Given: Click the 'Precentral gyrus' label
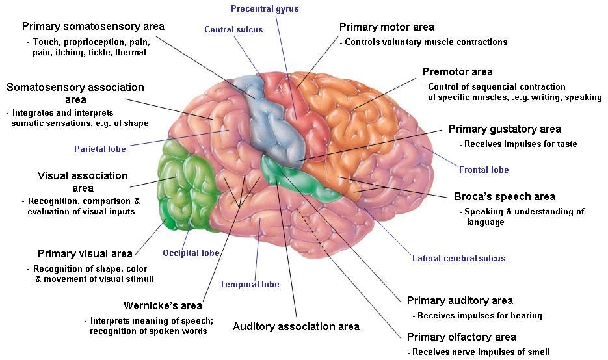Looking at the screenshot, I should pyautogui.click(x=265, y=9).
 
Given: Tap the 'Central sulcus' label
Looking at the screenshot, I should pyautogui.click(x=233, y=29).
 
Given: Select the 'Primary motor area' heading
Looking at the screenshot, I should pyautogui.click(x=386, y=27).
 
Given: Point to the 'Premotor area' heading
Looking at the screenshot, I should pyautogui.click(x=457, y=71).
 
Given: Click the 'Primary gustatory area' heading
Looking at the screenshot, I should pyautogui.click(x=504, y=129).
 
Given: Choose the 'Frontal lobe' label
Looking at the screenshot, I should pyautogui.click(x=484, y=170).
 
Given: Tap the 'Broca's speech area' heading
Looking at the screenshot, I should pyautogui.click(x=504, y=196).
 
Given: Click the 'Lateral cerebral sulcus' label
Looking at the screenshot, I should pyautogui.click(x=458, y=258).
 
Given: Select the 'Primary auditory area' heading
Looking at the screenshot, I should pyautogui.click(x=460, y=300).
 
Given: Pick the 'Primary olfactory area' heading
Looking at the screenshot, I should pyautogui.click(x=461, y=337).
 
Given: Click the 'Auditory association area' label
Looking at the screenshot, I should pyautogui.click(x=296, y=326).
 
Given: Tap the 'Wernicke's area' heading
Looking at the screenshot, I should pyautogui.click(x=163, y=305).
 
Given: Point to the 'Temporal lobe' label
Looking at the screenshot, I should pyautogui.click(x=249, y=284).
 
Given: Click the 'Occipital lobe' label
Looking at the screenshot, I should pyautogui.click(x=191, y=253).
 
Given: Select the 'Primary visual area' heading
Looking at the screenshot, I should pyautogui.click(x=85, y=253).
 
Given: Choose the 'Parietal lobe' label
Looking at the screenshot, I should pyautogui.click(x=99, y=149).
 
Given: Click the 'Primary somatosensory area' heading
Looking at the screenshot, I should pyautogui.click(x=93, y=27).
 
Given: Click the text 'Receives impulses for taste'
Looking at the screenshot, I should pyautogui.click(x=518, y=144).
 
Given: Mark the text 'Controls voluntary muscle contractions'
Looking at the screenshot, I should pyautogui.click(x=425, y=42).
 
